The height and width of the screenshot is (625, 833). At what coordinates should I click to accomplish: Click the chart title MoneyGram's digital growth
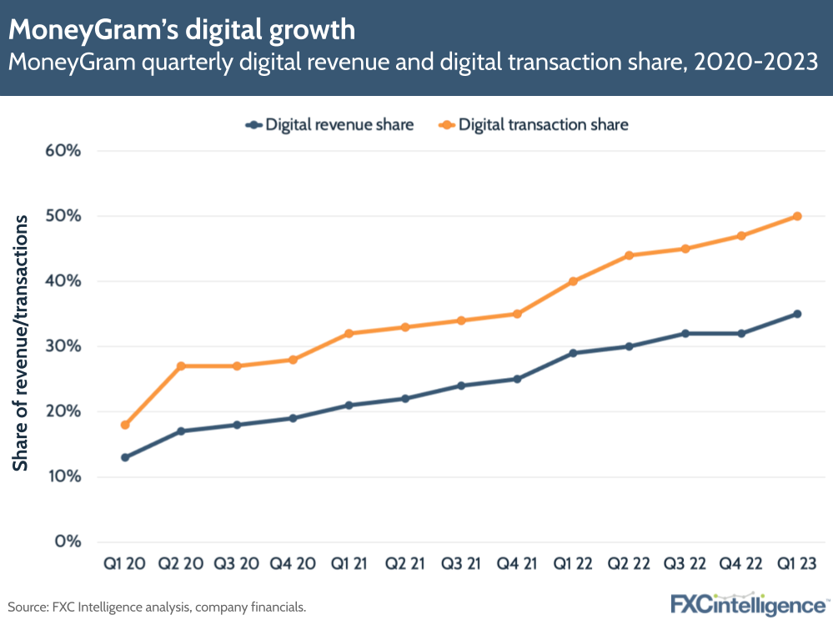[x=182, y=30]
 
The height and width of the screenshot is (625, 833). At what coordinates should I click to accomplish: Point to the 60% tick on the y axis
[x=63, y=151]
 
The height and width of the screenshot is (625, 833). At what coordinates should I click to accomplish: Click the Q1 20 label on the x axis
[x=125, y=563]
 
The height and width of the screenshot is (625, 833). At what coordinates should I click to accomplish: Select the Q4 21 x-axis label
[x=517, y=563]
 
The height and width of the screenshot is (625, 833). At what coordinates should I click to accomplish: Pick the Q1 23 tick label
[x=797, y=563]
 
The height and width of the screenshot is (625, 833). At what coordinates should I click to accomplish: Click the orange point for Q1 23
[x=797, y=216]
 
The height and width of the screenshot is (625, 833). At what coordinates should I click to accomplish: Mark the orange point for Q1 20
[x=125, y=425]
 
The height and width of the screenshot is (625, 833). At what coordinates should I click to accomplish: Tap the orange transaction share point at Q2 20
[x=181, y=365]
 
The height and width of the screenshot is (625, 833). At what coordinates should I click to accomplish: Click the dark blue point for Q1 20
[x=125, y=457]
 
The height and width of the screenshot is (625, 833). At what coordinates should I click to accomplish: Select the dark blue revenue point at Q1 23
[x=797, y=314]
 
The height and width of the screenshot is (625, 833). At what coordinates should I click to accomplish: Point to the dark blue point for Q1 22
[x=573, y=353]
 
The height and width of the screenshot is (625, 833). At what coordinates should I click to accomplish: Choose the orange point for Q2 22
[x=629, y=255]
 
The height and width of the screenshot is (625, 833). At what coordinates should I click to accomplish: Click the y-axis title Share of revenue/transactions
[x=21, y=342]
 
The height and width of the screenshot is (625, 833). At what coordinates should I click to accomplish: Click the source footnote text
[x=158, y=607]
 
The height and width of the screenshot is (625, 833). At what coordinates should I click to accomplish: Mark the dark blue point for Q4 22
[x=741, y=333]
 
